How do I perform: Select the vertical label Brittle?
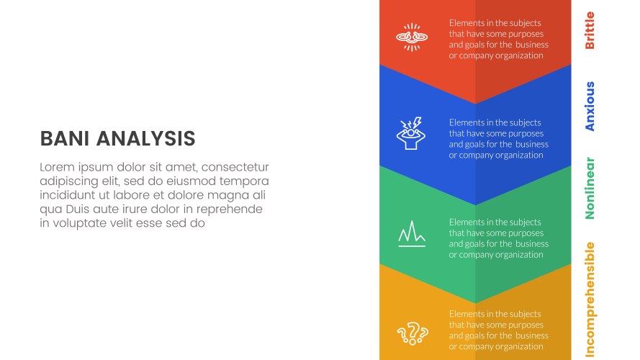(x=590, y=30)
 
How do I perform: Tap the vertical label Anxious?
(x=590, y=107)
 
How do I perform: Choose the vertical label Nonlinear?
(x=590, y=188)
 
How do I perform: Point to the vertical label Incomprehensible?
(x=590, y=300)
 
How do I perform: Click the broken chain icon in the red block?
(x=412, y=37)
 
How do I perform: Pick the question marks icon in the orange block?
(x=413, y=333)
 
